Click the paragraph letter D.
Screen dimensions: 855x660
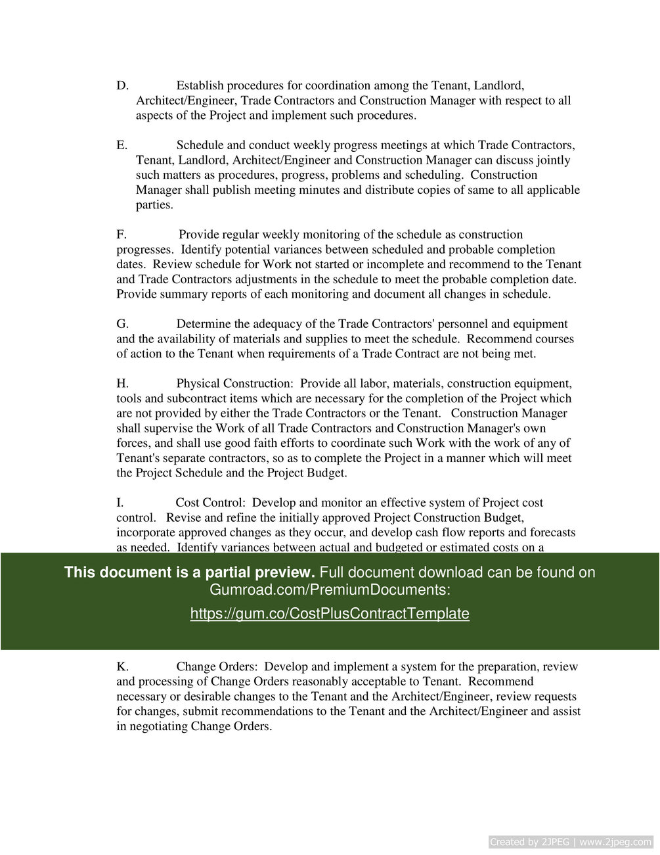(x=122, y=85)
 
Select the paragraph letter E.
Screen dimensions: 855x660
(x=121, y=145)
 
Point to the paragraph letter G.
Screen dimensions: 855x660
(x=122, y=324)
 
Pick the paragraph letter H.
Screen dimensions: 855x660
(x=122, y=384)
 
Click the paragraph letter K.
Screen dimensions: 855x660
(x=122, y=667)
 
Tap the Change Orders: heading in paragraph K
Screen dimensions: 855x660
(x=217, y=667)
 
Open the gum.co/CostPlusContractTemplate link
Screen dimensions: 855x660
(x=330, y=614)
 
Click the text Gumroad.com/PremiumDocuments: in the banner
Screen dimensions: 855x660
(x=330, y=589)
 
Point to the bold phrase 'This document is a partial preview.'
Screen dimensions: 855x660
(x=189, y=572)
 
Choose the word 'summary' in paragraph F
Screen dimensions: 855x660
(x=183, y=294)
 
